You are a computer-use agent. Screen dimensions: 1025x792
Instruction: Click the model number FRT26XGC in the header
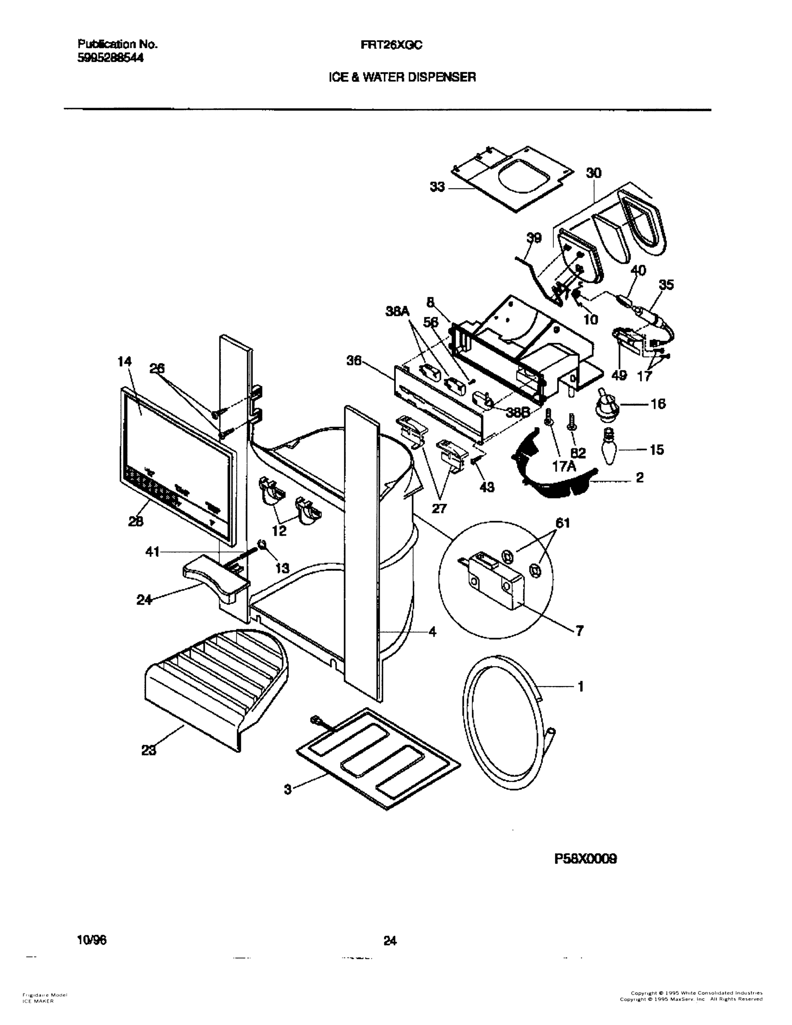coord(392,45)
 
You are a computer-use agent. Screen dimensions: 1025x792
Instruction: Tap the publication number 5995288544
coord(110,58)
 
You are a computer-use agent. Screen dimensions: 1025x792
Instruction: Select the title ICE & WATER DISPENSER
coord(402,77)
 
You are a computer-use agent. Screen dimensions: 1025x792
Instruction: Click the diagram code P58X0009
coord(585,859)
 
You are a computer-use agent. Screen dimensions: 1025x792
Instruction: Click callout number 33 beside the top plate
coord(437,187)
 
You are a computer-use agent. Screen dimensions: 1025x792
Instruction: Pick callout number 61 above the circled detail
coord(562,523)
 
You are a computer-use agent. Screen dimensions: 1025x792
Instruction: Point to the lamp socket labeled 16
coord(609,404)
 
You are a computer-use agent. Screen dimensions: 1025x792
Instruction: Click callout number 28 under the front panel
coord(136,521)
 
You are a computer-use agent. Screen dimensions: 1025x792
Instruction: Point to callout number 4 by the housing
coord(432,632)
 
